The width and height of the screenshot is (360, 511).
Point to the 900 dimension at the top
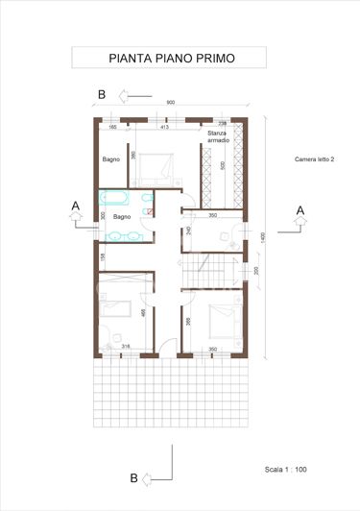point(170,103)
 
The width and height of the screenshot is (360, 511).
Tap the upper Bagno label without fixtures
point(111,159)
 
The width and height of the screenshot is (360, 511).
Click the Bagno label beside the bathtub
point(122,217)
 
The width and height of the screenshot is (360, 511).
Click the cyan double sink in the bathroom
point(121,236)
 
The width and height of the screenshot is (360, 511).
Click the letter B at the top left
point(101,94)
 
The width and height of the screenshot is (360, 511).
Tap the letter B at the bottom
point(134,476)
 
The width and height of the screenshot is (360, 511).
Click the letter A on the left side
point(75,205)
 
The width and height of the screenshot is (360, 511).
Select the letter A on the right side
point(300,209)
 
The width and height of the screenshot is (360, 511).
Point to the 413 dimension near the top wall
point(163,126)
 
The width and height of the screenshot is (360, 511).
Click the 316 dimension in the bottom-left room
point(124,348)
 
